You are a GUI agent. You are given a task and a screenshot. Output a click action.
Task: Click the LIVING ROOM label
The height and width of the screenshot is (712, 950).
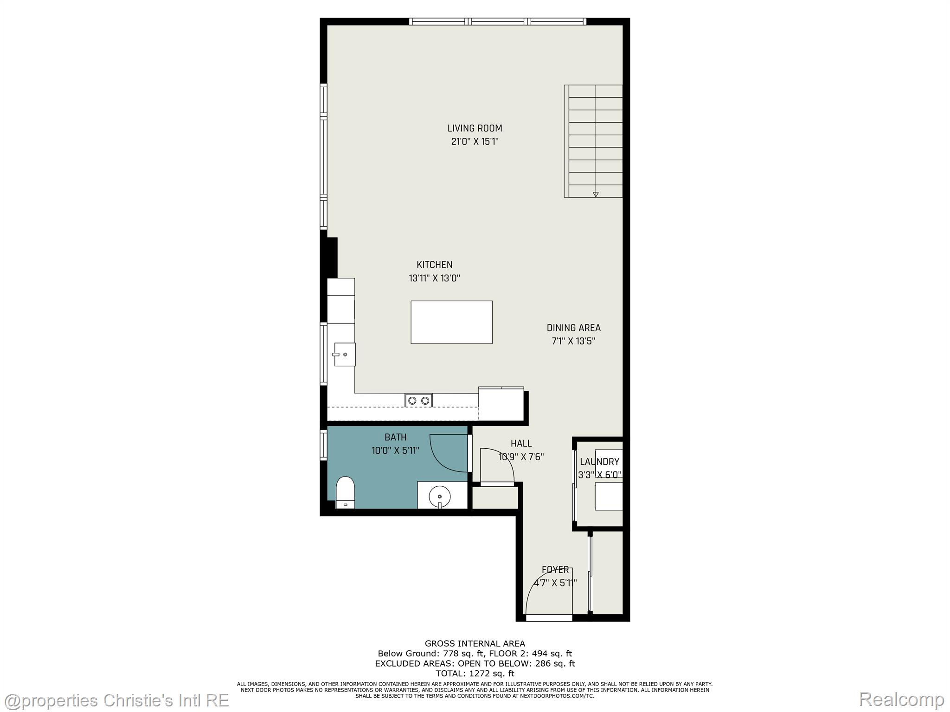475,128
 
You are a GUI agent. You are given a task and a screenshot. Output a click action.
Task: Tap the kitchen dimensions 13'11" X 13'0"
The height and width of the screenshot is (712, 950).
434,279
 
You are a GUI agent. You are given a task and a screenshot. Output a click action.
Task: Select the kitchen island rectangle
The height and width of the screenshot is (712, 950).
451,322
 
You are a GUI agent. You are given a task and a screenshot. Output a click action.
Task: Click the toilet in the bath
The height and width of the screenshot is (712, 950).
345,492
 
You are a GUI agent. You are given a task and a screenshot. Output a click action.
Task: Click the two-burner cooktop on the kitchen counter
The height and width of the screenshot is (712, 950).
418,400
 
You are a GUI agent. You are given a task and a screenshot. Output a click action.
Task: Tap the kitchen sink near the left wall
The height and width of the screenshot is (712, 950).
345,355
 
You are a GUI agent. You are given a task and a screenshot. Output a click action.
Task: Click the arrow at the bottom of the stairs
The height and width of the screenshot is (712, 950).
596,194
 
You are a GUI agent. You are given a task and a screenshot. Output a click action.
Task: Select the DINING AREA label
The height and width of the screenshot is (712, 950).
573,328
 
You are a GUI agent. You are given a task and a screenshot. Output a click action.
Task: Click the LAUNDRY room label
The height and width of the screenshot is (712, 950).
599,462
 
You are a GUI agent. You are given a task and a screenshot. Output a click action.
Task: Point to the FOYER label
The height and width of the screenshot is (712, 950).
555,570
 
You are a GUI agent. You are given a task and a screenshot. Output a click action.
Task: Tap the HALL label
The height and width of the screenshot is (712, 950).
521,444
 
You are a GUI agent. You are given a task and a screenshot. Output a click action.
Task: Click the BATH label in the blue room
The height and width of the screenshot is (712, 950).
395,437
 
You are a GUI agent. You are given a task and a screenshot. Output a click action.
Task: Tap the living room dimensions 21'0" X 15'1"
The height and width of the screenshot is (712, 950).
475,142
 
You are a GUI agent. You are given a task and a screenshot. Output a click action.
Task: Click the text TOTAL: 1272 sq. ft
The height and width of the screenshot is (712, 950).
475,674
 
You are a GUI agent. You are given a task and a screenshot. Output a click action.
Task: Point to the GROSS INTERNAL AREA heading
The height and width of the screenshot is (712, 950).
475,643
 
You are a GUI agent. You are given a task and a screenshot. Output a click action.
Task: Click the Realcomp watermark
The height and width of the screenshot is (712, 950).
901,699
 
